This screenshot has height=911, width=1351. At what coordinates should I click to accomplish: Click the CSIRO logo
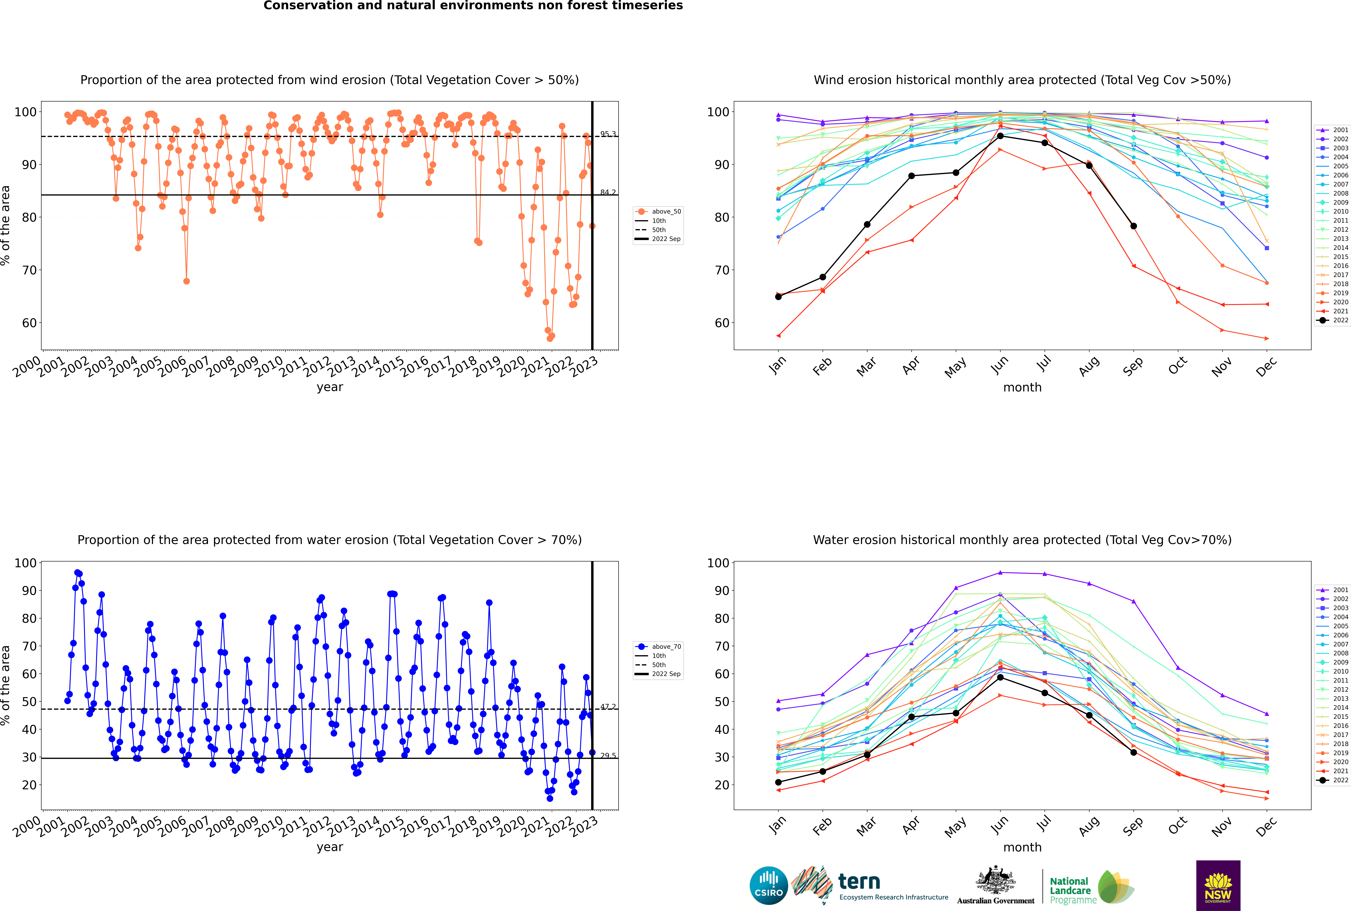click(768, 885)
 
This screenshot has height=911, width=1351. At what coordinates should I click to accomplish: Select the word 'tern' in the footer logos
click(859, 882)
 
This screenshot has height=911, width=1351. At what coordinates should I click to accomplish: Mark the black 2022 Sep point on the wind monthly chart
click(1133, 226)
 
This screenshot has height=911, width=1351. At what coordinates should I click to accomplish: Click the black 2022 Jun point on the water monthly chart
click(1000, 677)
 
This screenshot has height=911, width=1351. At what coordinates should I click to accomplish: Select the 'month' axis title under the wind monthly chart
click(1022, 388)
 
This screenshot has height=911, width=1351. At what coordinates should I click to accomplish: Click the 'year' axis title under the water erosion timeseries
click(330, 847)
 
